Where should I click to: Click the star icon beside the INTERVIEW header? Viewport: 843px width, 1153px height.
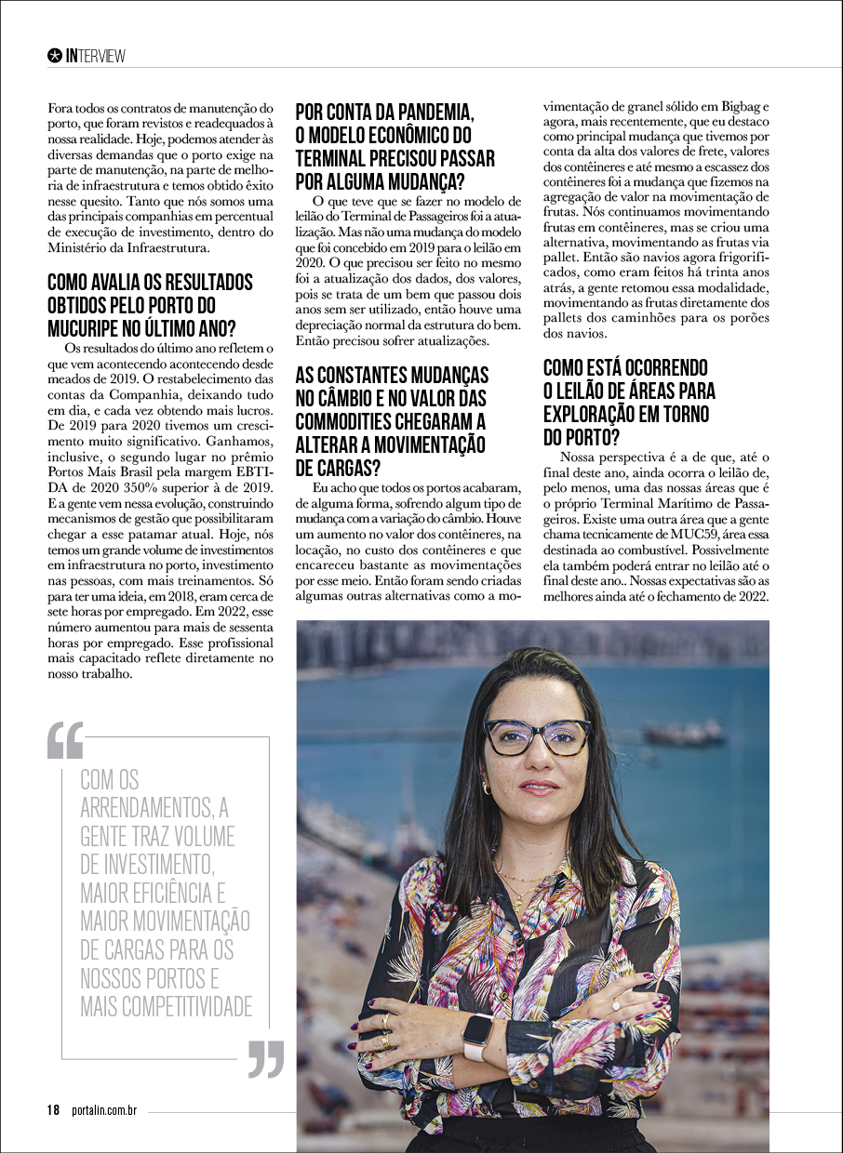coord(54,56)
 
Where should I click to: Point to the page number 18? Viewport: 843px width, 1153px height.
coord(54,1110)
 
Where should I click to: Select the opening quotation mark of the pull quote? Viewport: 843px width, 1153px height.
coord(65,741)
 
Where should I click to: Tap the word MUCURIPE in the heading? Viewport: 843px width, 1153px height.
coord(91,327)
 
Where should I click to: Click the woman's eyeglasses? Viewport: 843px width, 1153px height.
coord(537,736)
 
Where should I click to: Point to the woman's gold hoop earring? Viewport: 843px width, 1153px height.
coord(485,789)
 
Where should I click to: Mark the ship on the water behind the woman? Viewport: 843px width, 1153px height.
coord(683,734)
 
